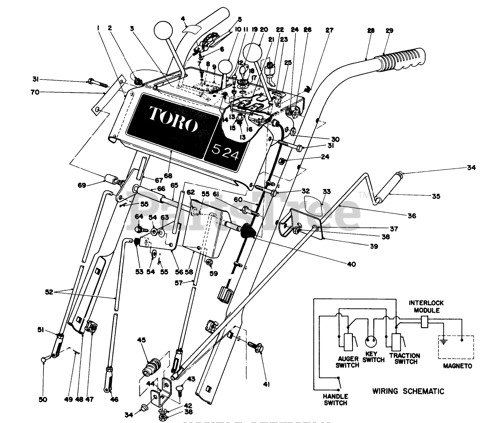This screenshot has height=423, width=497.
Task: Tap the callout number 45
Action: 141,340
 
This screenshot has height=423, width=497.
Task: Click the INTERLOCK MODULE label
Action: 426,307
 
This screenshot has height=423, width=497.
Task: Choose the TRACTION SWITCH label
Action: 405,359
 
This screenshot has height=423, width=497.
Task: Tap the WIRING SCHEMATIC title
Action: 408,391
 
